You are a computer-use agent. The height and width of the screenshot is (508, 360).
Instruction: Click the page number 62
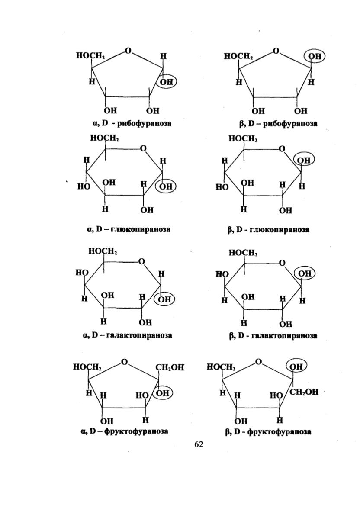coord(199,444)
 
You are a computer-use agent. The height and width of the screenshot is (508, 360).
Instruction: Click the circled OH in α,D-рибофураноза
coord(166,81)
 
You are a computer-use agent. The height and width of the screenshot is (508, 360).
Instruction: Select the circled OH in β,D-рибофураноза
coord(314,56)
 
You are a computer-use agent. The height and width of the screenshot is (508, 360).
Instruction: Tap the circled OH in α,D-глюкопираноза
coord(166,186)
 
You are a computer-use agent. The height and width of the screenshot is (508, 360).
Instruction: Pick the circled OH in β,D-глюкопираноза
coord(304,160)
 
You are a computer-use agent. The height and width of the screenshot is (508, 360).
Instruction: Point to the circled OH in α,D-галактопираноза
coord(164,299)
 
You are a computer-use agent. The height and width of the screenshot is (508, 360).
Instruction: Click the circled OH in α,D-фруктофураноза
coord(163,392)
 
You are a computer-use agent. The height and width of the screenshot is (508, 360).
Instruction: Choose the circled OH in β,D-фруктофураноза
coord(296,367)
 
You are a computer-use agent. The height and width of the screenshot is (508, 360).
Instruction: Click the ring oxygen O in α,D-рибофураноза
coord(129,51)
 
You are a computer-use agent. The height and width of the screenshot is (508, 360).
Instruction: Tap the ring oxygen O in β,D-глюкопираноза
coord(282,148)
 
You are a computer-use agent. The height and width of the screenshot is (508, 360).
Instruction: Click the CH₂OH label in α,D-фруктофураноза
coord(170,367)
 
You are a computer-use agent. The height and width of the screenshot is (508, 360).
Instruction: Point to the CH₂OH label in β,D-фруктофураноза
coord(304,392)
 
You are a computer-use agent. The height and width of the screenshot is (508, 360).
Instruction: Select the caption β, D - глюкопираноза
coord(268,230)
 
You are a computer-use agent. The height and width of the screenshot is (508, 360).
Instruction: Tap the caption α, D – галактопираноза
coord(128,335)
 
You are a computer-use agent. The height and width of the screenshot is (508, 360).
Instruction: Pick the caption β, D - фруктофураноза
coord(268,431)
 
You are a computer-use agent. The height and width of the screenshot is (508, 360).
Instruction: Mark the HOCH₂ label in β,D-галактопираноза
coord(243,253)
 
